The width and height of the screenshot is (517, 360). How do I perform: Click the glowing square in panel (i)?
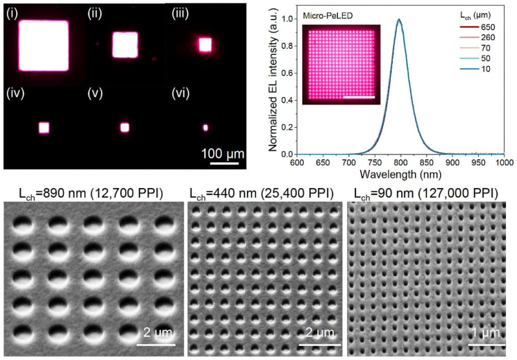click(44, 45)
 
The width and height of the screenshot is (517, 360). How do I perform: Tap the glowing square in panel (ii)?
click(125, 45)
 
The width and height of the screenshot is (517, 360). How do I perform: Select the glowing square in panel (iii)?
click(205, 45)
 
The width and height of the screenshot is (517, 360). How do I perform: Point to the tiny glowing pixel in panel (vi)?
click(206, 127)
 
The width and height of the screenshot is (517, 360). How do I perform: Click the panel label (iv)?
click(15, 94)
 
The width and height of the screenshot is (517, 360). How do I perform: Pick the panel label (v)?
click(95, 94)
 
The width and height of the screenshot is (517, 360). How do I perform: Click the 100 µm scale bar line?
click(224, 163)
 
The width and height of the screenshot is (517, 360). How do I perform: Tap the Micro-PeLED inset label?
click(328, 16)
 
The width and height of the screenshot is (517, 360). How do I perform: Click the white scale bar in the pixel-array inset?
click(359, 97)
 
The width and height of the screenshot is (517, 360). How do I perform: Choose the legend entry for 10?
click(475, 69)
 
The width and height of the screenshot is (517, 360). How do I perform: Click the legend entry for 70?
click(475, 48)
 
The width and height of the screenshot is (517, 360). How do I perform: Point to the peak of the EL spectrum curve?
click(399, 19)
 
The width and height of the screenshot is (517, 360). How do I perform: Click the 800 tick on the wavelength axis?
click(401, 162)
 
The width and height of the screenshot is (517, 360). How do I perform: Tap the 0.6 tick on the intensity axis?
click(287, 73)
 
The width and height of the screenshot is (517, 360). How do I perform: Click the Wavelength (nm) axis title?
click(400, 174)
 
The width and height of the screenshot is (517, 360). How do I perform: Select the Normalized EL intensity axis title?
click(273, 79)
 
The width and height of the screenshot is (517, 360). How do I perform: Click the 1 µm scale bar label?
click(486, 334)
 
